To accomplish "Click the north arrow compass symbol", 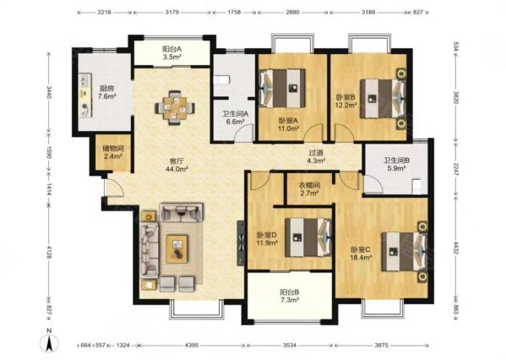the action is coord(49,343).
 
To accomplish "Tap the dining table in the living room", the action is coord(175,108).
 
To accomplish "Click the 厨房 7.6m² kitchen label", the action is coord(106,92).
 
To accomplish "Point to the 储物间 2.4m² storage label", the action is coord(113,152).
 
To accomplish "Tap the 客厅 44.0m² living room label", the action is coord(177,164).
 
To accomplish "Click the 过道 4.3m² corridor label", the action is coord(316,156).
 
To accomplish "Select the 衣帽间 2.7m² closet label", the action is coord(309,189).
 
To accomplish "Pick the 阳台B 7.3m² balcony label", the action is coord(290,296).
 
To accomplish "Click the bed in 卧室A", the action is coord(282,88).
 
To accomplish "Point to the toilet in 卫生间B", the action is coord(417,187).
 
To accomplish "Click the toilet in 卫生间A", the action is coord(222,79).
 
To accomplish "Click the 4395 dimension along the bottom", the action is coord(192,345).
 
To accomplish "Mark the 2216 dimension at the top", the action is coord(104,13).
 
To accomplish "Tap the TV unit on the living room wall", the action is coord(241,243).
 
